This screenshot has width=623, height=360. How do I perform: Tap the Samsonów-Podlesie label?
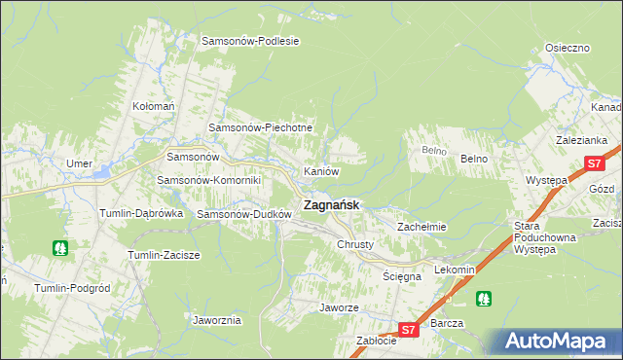pos(249,41)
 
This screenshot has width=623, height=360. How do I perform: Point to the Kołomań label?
pos(153,105)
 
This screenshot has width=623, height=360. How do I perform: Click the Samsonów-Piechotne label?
pos(261,128)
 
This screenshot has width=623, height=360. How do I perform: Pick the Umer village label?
pos(78,163)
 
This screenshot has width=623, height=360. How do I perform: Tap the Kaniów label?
pos(321,171)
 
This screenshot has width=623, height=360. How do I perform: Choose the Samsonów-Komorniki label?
pos(209,181)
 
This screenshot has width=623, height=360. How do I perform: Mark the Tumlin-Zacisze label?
pos(164,255)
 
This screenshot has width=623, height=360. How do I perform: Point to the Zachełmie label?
pos(421,227)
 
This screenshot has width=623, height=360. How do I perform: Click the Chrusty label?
pos(354,245)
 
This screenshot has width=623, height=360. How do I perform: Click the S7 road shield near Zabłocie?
pos(410,331)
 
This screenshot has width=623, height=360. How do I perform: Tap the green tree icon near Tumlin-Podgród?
pos(60,248)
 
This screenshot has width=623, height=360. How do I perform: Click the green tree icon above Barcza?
pos(482,298)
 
